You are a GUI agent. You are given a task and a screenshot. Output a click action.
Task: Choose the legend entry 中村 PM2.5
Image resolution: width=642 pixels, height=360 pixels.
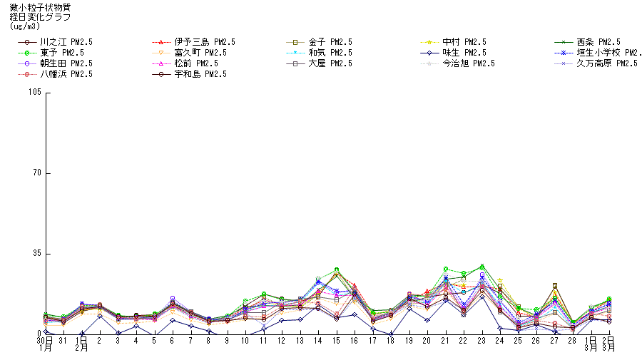tap(464, 42)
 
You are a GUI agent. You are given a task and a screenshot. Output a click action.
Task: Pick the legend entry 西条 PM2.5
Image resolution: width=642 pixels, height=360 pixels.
tap(598, 42)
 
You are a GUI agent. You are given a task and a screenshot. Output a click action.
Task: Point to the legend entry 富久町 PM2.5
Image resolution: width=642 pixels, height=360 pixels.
tap(200, 53)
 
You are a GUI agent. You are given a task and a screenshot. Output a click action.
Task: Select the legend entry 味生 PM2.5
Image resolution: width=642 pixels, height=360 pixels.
tap(464, 53)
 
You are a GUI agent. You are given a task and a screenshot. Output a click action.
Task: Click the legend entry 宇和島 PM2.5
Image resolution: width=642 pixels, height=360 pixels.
tap(200, 74)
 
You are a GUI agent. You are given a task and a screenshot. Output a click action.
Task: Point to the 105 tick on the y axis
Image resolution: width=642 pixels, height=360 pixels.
tap(35, 93)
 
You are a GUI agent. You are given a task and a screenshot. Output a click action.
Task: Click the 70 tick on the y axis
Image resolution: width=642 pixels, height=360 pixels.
tap(37, 173)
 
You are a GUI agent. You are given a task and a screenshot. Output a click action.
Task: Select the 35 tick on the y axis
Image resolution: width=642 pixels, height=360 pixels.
tap(37, 253)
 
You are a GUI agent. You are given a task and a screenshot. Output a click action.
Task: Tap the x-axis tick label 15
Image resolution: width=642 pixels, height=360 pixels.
tap(336, 341)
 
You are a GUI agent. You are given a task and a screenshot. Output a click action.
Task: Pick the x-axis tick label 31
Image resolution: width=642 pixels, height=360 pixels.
tap(63, 341)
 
